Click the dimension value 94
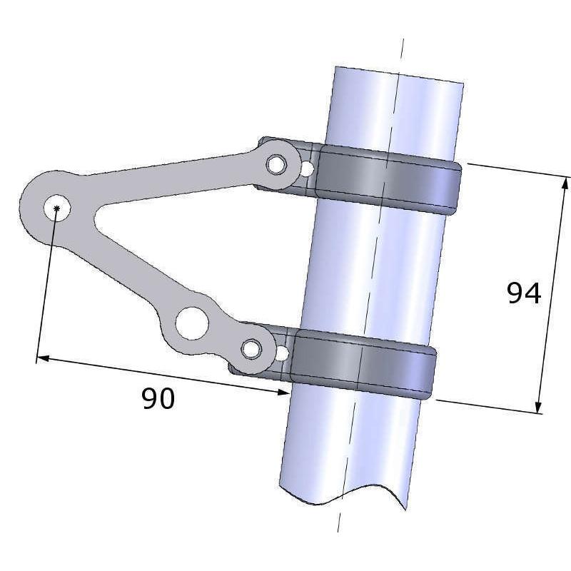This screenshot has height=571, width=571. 524,293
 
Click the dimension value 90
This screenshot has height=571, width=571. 158,399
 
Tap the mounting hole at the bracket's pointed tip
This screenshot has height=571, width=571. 56,208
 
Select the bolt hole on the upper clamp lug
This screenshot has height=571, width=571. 276,165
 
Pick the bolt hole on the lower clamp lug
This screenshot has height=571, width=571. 251,349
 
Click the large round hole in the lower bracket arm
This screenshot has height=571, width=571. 191,323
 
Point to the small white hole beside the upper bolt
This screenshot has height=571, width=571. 307,170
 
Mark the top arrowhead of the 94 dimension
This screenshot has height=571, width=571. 565,183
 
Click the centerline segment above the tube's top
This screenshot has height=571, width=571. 402,50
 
